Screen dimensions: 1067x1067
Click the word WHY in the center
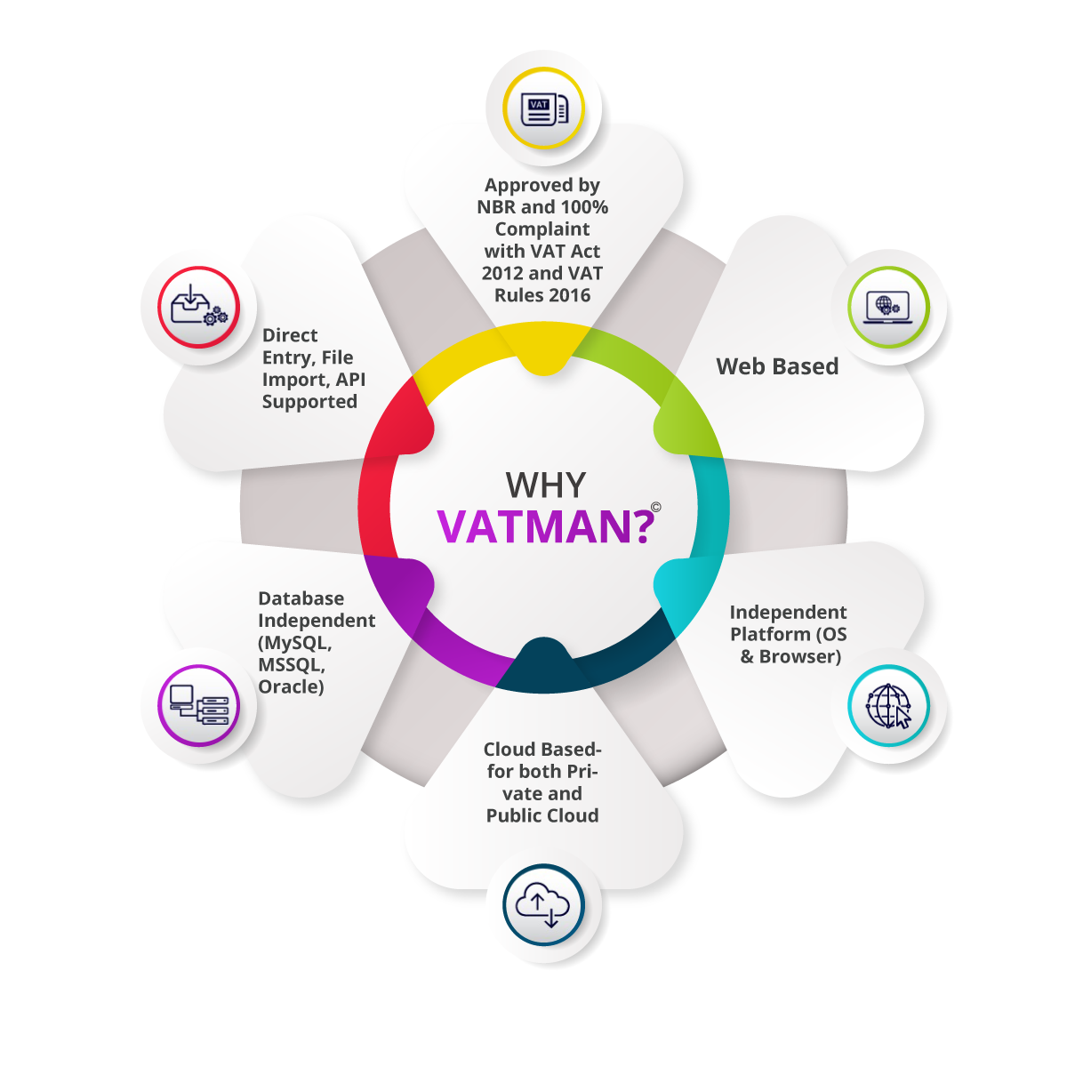click(x=545, y=485)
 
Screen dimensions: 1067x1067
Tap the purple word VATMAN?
click(x=545, y=526)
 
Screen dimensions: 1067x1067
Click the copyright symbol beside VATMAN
click(x=655, y=507)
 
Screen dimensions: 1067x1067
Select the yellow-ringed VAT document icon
click(x=544, y=108)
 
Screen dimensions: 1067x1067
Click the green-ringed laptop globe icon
click(x=888, y=308)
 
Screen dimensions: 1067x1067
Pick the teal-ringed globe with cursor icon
click(x=888, y=705)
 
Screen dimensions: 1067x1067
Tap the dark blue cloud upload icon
click(x=544, y=905)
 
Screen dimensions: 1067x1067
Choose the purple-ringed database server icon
click(x=199, y=705)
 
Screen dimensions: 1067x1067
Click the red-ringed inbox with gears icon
click(x=199, y=308)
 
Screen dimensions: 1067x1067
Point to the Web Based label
click(x=777, y=366)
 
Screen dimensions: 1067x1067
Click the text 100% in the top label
click(x=584, y=207)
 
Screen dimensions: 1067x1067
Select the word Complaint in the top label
click(x=542, y=229)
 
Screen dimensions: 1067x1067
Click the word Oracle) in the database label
click(x=291, y=686)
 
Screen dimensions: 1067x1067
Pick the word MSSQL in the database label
click(x=292, y=664)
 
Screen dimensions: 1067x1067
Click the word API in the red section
click(x=351, y=380)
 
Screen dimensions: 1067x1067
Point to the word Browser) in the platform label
click(x=800, y=657)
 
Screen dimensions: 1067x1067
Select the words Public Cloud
click(x=542, y=815)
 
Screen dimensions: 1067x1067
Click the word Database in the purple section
click(x=301, y=598)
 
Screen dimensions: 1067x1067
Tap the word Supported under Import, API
click(x=309, y=402)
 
